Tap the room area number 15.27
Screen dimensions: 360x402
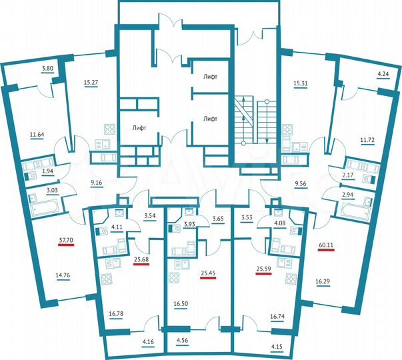pyautogui.click(x=91, y=83)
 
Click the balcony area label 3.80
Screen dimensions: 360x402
pyautogui.click(x=47, y=69)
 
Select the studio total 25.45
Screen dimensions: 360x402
pyautogui.click(x=207, y=272)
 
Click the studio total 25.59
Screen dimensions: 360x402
pyautogui.click(x=265, y=270)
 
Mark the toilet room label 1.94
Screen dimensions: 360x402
pyautogui.click(x=47, y=172)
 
